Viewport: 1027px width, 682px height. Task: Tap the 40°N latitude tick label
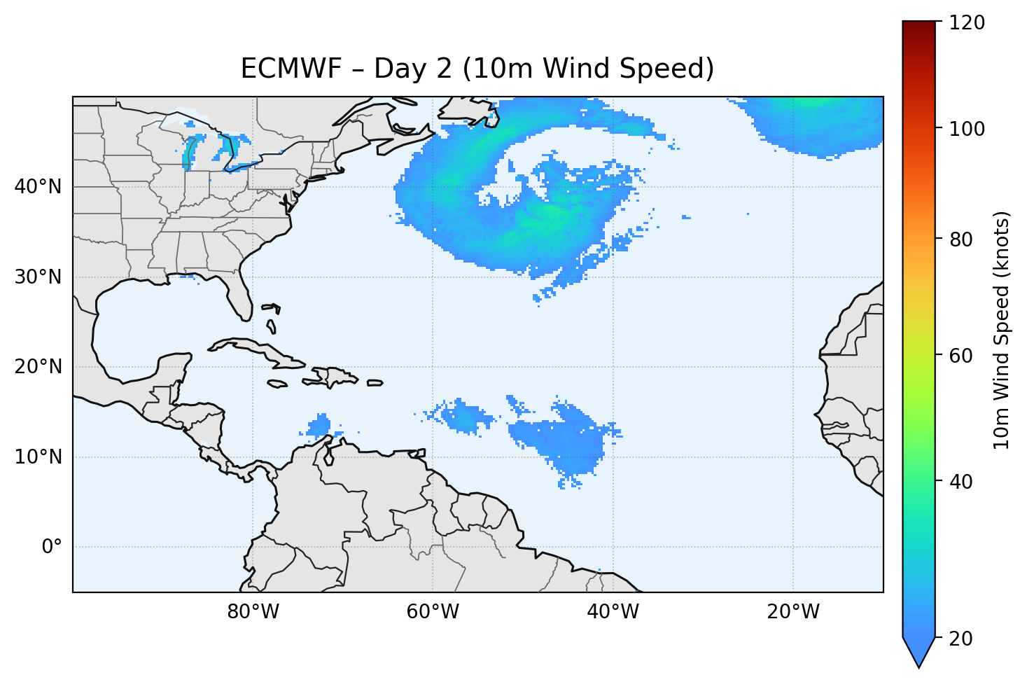click(38, 187)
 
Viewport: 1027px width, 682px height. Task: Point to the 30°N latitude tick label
click(38, 277)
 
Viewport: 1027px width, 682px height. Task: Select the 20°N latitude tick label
click(38, 367)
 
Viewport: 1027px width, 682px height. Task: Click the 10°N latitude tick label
click(38, 457)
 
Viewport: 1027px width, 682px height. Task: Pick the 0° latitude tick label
click(52, 547)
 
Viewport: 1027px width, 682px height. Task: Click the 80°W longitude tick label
click(253, 612)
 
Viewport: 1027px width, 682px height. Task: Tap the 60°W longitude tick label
click(433, 612)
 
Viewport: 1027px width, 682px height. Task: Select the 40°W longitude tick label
click(613, 612)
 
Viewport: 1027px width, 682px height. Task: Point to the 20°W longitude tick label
click(792, 612)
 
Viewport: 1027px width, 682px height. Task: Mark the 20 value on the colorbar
click(963, 639)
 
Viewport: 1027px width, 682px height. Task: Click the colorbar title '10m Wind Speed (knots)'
click(1002, 330)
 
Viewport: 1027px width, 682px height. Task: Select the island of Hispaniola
click(333, 376)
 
